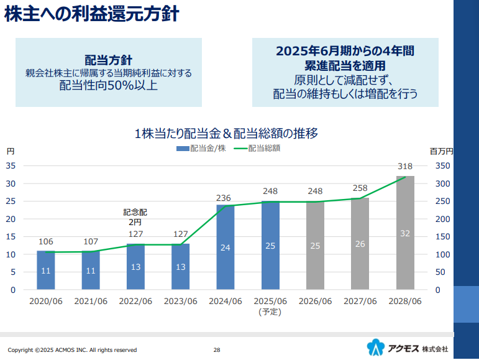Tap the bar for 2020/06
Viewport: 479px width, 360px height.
46,270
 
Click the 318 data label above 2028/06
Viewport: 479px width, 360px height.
405,166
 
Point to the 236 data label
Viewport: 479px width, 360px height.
224,198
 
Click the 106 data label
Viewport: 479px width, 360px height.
45,241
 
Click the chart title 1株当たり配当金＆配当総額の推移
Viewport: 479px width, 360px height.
226,133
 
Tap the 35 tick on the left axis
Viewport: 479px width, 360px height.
11,165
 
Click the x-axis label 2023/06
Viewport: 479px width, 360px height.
180,302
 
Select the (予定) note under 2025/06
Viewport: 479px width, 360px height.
270,312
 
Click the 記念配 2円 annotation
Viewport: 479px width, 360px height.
135,217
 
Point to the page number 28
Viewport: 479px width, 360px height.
217,349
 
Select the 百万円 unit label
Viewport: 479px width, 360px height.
441,151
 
